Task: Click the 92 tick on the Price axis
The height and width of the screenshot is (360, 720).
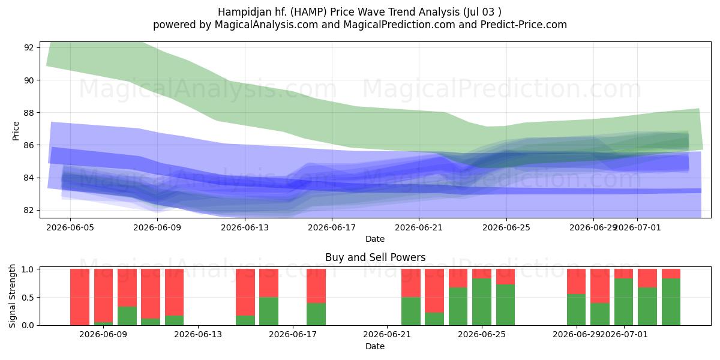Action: pyautogui.click(x=29, y=47)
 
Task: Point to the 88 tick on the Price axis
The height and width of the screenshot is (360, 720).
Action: pyautogui.click(x=29, y=113)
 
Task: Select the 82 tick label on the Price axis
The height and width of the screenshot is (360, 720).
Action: pyautogui.click(x=29, y=210)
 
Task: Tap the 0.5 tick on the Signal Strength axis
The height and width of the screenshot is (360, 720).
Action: pyautogui.click(x=28, y=298)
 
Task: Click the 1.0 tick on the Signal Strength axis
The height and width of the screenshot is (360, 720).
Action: pyautogui.click(x=28, y=269)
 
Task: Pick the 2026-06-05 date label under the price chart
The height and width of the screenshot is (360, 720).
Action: pyautogui.click(x=70, y=227)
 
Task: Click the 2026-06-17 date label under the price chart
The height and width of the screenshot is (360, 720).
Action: pyautogui.click(x=332, y=227)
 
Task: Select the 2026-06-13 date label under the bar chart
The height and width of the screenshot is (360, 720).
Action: pyautogui.click(x=198, y=335)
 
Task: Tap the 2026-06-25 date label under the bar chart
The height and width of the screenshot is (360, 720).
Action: pyautogui.click(x=482, y=335)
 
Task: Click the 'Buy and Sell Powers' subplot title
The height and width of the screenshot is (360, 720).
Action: pyautogui.click(x=375, y=257)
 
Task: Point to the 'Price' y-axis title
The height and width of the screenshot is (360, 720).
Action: pyautogui.click(x=16, y=131)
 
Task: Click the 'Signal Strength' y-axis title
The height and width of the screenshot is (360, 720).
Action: pyautogui.click(x=12, y=296)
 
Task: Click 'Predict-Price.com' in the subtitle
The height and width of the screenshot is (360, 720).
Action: pyautogui.click(x=524, y=25)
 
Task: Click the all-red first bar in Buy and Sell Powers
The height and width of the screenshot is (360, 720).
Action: pyautogui.click(x=80, y=297)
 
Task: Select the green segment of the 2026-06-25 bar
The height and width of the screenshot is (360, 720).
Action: pyautogui.click(x=506, y=305)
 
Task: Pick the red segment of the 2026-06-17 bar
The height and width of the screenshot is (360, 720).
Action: pyautogui.click(x=316, y=286)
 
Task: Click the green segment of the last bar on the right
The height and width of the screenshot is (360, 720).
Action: pyautogui.click(x=671, y=302)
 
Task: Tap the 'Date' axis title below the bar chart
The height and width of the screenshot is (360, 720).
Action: pyautogui.click(x=375, y=347)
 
